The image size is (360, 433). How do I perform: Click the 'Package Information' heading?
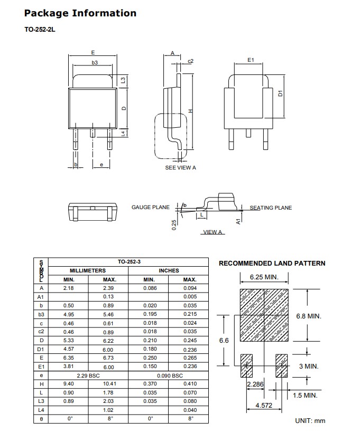(80, 13)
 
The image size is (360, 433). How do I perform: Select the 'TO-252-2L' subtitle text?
(40, 30)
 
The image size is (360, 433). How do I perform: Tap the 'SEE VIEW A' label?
(180, 167)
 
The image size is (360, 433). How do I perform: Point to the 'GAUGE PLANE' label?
(151, 208)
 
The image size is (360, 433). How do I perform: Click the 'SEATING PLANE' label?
(271, 208)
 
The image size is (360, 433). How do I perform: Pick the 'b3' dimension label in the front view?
(95, 63)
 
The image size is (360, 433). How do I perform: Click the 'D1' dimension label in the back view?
(281, 93)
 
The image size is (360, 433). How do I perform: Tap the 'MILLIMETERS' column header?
(88, 270)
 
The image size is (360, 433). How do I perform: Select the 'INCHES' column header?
(169, 270)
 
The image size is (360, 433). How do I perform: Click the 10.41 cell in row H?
(109, 384)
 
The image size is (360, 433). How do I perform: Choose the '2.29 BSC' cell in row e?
(88, 375)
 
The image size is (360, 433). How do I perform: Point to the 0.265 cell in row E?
(190, 358)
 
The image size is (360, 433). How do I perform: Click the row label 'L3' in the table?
(41, 401)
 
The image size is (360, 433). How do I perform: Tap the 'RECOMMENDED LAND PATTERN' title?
(272, 263)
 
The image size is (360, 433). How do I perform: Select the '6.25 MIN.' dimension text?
(264, 277)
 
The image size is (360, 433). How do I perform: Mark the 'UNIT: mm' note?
(310, 421)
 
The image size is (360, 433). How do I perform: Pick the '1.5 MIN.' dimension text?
(306, 395)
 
